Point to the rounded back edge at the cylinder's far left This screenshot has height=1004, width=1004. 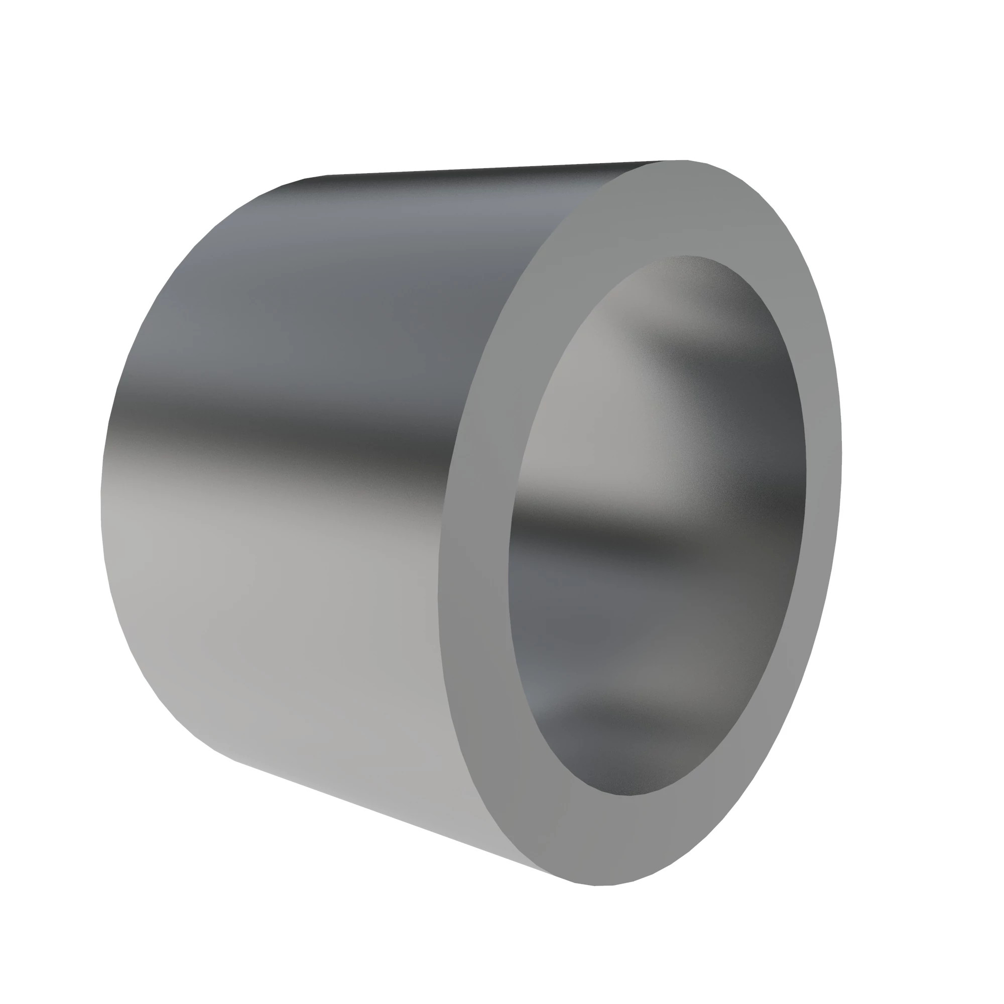click(x=102, y=499)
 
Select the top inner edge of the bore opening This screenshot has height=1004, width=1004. click(x=686, y=256)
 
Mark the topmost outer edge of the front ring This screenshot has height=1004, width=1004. click(x=676, y=161)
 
